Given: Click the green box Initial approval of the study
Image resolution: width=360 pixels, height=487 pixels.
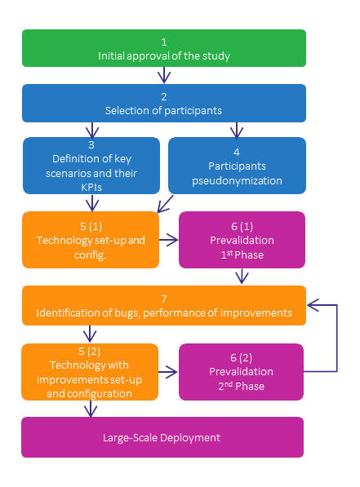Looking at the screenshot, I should [x=163, y=48].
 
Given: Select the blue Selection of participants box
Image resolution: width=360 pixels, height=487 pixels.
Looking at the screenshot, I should [x=163, y=102].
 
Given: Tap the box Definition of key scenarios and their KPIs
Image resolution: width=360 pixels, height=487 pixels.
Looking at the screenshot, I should [x=91, y=166].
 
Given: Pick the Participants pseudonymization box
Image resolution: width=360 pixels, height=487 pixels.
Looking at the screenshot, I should [x=237, y=166].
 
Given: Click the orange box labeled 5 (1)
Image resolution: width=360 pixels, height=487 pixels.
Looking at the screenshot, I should [x=90, y=240].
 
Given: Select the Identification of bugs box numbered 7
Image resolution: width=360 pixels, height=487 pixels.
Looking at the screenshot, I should [x=163, y=306].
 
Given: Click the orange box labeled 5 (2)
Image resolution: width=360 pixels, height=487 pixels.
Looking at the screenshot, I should [x=90, y=372].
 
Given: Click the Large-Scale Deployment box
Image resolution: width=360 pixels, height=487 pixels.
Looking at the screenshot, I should [x=162, y=437].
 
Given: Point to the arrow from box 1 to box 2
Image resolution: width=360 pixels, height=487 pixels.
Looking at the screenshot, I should [x=163, y=75].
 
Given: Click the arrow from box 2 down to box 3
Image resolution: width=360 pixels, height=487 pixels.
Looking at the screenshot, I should [x=91, y=129].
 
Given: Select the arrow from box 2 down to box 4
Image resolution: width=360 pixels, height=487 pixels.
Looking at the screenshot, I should [x=237, y=129].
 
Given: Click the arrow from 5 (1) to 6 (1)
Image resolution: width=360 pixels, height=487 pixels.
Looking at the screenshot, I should [x=168, y=240].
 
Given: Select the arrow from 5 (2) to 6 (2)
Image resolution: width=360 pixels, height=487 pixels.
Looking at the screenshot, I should [x=168, y=372].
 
